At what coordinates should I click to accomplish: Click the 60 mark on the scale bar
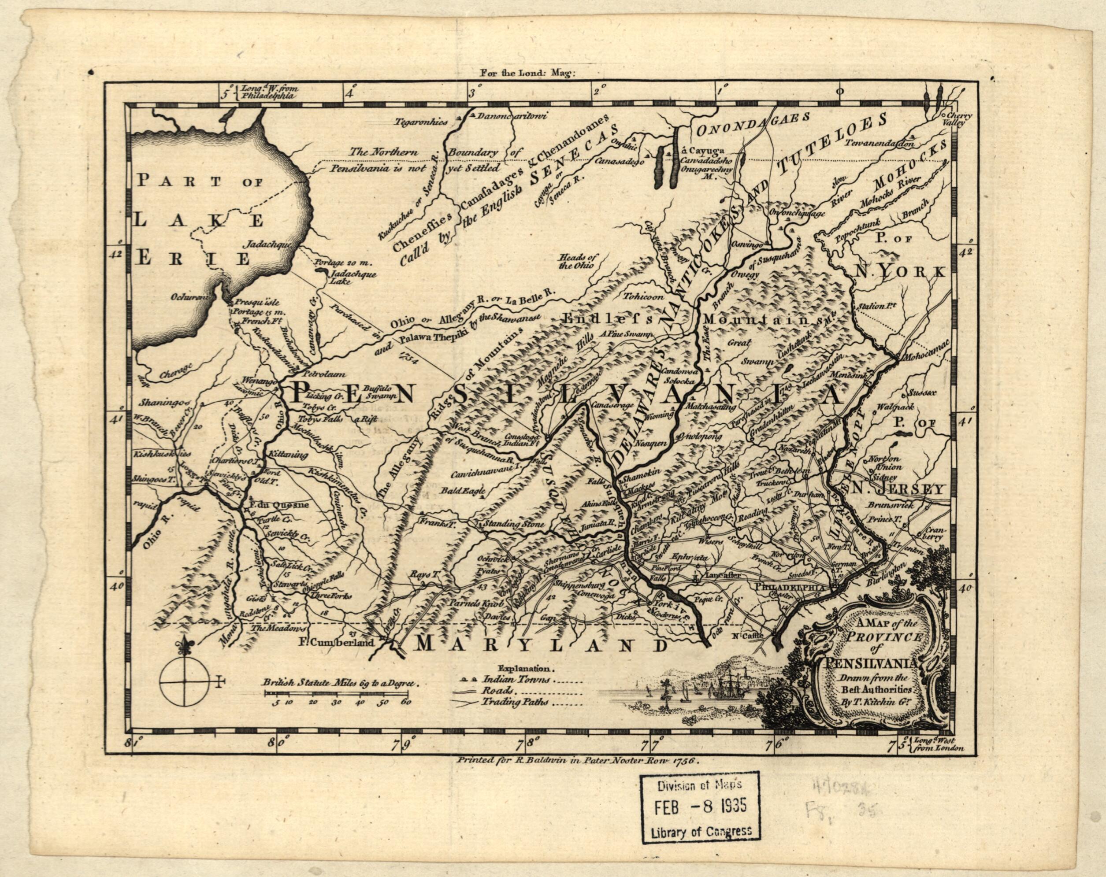point(406,702)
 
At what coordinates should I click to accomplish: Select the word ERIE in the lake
point(193,258)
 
